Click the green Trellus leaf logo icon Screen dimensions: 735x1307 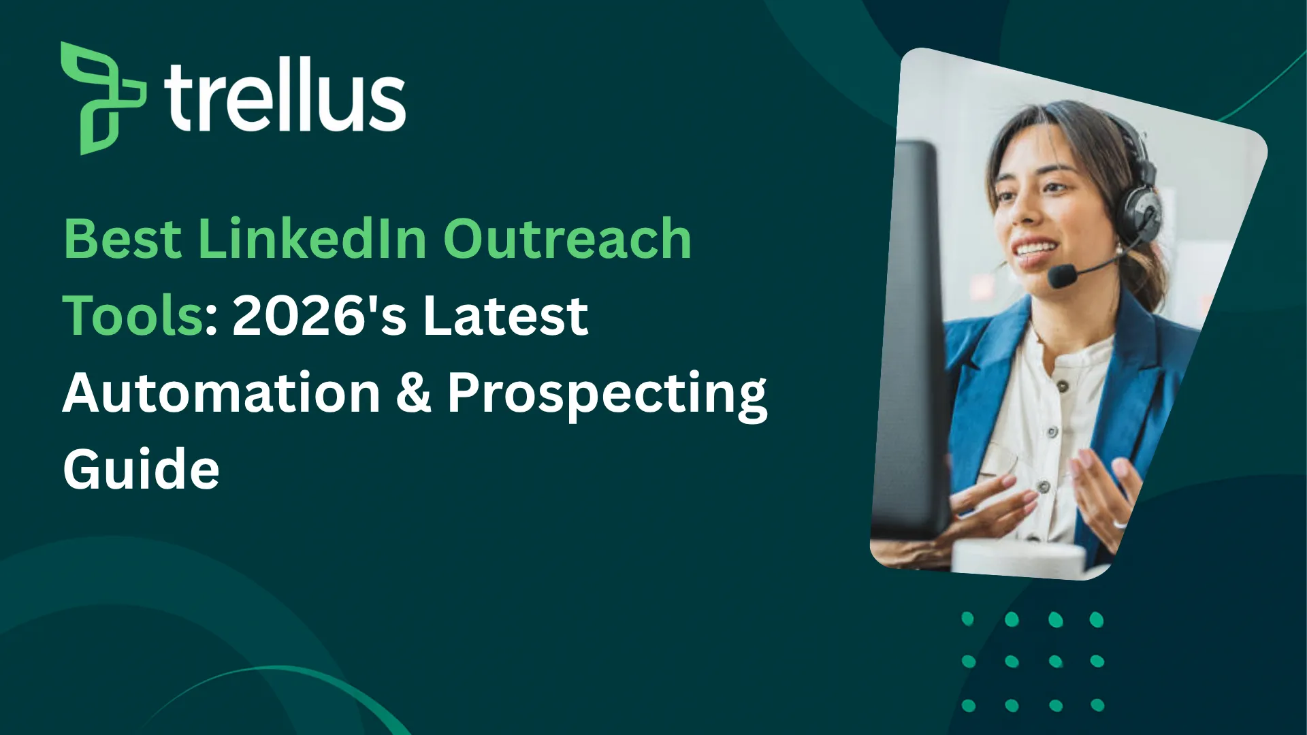coord(102,98)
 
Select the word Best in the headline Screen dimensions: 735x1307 coord(123,239)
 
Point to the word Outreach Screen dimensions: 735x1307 coord(567,239)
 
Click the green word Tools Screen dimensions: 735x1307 coord(133,316)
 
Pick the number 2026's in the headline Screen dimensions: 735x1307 coord(319,316)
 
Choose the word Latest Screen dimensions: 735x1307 coord(505,316)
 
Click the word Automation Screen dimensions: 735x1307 coord(221,393)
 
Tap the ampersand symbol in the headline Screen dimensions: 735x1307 coord(413,393)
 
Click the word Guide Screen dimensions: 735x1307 coord(141,470)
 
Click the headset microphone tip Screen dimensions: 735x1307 coord(1061,276)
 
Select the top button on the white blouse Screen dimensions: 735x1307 coord(1061,387)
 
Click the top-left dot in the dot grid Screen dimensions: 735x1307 coord(967,619)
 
